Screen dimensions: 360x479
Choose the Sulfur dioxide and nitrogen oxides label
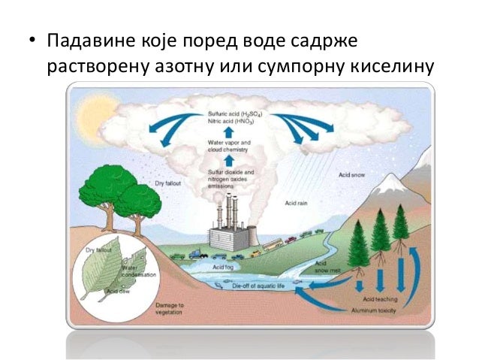tap(230, 177)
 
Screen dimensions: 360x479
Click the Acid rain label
tap(295, 204)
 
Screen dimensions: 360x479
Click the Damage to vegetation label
tap(169, 309)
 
